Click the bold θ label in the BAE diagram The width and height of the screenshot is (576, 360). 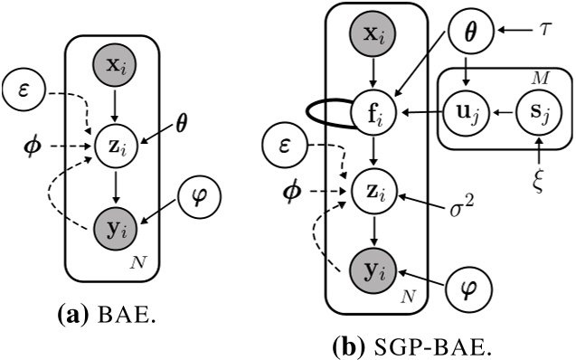[x=182, y=118]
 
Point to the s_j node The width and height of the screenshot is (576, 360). [x=535, y=115]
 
